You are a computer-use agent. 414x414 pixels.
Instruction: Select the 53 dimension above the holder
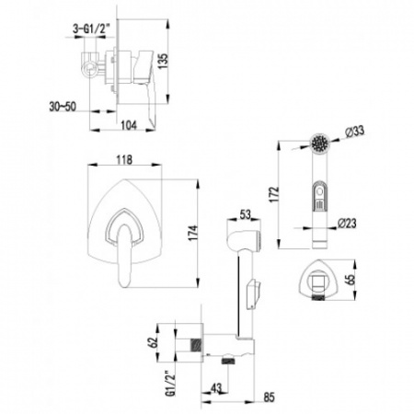pos(246,216)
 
